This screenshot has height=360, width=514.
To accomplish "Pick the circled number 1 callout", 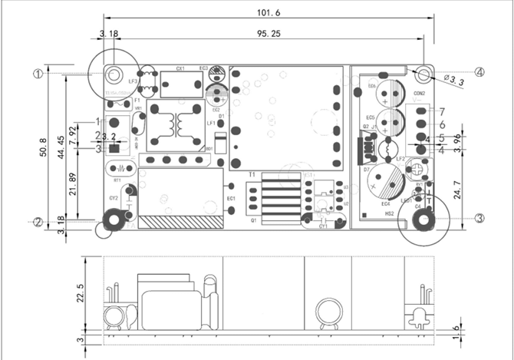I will click(37, 74).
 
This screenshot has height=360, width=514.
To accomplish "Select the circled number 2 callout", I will click(37, 223).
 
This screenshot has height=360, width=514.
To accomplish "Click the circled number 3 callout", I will click(479, 218).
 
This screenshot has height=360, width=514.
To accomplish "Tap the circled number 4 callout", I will click(479, 73).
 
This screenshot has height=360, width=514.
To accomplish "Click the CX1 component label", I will click(180, 69).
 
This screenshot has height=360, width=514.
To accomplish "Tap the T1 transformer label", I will click(251, 175).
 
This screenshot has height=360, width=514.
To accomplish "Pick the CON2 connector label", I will click(419, 94).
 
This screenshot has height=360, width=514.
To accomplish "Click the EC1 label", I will click(230, 199).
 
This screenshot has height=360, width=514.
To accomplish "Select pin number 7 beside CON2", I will click(442, 112).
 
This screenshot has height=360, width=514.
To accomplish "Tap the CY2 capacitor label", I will click(114, 198).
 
